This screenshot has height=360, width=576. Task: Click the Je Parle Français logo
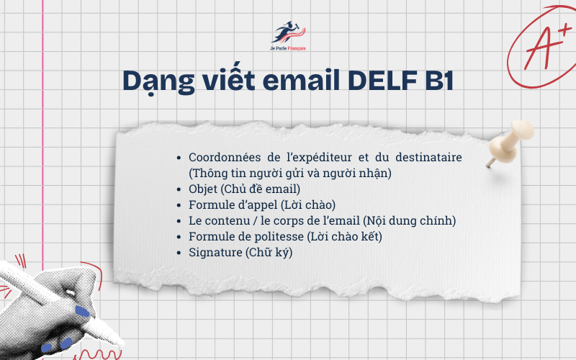click(288, 36)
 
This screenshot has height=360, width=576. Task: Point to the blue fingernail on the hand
click(82, 312)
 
